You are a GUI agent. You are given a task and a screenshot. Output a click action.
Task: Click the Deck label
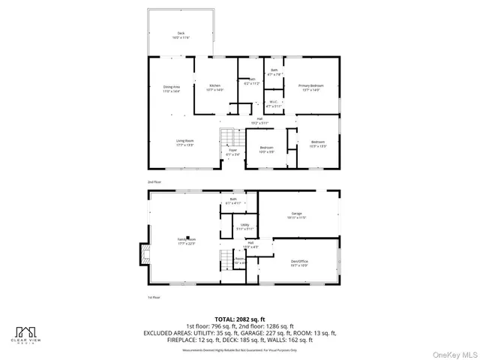181,35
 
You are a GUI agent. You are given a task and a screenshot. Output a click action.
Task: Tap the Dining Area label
172,88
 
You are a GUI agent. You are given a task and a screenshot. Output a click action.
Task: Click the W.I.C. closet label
274,104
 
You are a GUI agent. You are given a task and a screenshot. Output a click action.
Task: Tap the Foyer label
233,152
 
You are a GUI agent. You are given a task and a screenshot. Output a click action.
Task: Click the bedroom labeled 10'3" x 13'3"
318,143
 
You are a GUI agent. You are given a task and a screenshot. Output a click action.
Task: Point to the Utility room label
244,226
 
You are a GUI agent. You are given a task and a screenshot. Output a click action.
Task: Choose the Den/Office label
299,263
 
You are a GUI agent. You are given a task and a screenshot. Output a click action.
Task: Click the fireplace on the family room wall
140,256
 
